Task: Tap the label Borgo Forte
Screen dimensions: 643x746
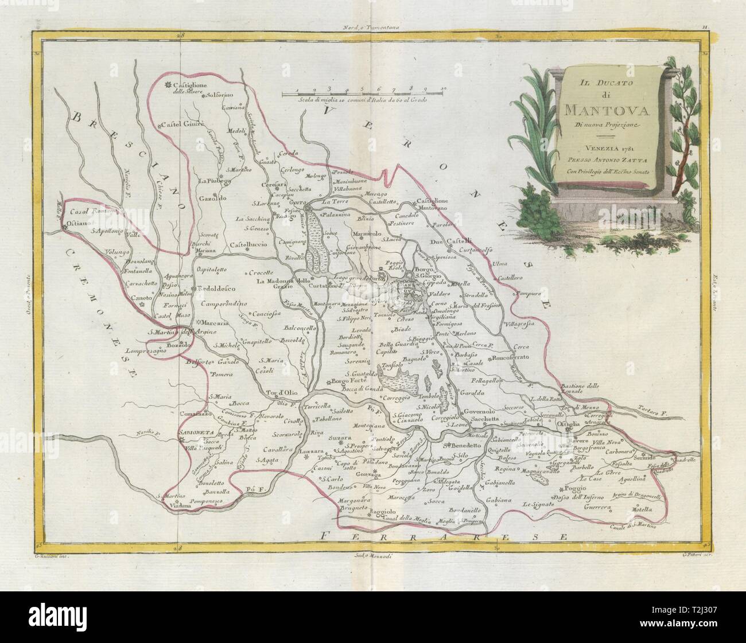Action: click(x=347, y=381)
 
